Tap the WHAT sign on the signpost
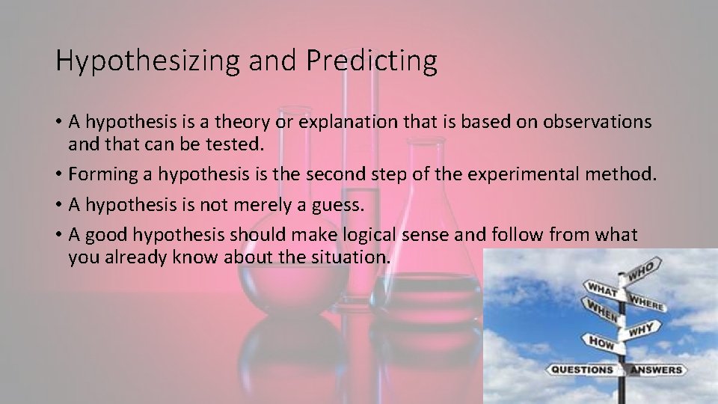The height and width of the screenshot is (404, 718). pyautogui.click(x=602, y=288)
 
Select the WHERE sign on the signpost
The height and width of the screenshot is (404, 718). pyautogui.click(x=647, y=302)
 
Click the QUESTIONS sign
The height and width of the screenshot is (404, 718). pyautogui.click(x=582, y=370)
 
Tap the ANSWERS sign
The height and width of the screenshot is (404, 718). pyautogui.click(x=657, y=370)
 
